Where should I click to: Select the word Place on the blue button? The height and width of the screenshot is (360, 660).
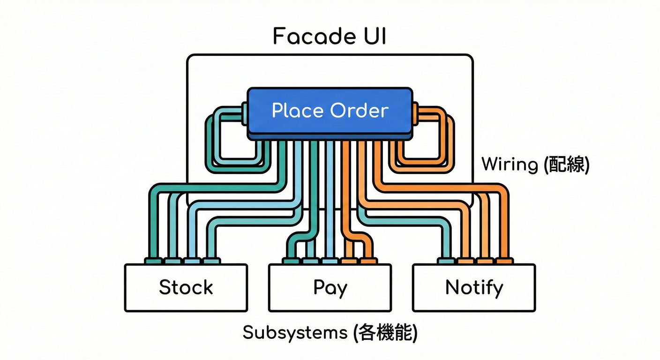(x=298, y=111)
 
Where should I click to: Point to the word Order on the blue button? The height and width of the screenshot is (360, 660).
(x=359, y=111)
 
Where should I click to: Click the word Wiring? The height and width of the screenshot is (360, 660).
(x=510, y=165)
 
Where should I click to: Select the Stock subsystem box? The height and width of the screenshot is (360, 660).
(x=186, y=288)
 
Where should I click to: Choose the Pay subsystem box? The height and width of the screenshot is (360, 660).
(x=330, y=288)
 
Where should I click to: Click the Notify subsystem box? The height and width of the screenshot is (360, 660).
(x=474, y=288)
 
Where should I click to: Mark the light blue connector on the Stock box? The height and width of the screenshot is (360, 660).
(x=191, y=261)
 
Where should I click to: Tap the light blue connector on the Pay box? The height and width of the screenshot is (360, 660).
(x=330, y=261)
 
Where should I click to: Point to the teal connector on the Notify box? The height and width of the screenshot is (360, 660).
(x=446, y=261)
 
